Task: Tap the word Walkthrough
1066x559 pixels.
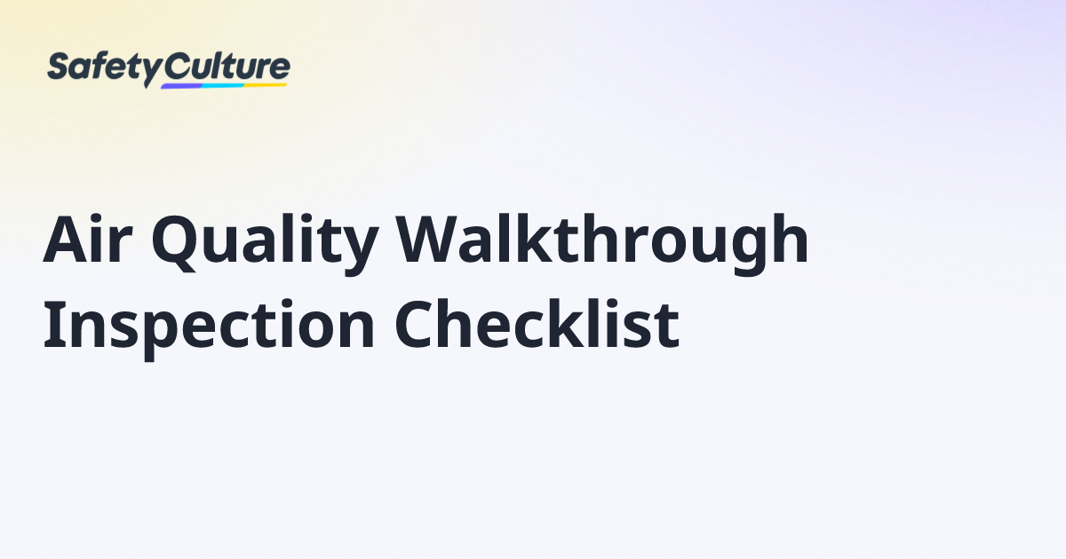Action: [602, 241]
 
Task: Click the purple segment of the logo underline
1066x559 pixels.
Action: [181, 86]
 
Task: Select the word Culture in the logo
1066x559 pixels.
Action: [228, 66]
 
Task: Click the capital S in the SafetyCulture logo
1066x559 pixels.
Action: [58, 67]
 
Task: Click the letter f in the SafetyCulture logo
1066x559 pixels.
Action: [100, 66]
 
